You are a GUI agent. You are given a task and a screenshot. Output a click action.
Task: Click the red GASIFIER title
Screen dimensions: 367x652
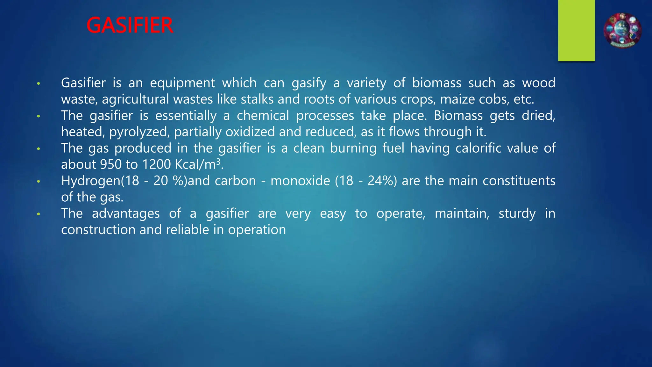click(130, 25)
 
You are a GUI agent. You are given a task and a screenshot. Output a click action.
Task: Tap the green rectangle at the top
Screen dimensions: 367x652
click(576, 30)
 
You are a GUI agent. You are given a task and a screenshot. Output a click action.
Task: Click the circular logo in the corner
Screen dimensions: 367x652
click(622, 31)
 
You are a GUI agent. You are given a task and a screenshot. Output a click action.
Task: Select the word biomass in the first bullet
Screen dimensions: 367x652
click(436, 83)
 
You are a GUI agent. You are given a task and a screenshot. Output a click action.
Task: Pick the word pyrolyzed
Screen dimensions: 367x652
click(139, 132)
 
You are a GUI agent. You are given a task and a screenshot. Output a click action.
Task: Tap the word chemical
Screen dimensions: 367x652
click(263, 115)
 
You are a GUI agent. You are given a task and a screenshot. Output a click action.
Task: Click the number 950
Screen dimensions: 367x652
click(110, 164)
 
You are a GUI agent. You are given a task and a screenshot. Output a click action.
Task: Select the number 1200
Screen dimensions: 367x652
click(156, 164)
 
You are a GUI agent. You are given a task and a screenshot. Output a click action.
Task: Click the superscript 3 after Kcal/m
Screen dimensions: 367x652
click(218, 162)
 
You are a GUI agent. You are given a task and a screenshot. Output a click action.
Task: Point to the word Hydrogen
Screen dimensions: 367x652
click(91, 181)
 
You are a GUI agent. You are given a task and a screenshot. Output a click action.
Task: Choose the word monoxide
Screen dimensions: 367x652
click(300, 181)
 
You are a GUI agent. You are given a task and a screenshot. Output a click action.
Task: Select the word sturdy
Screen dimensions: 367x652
click(517, 214)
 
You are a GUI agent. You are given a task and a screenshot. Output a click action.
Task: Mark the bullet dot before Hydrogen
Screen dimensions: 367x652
click(39, 181)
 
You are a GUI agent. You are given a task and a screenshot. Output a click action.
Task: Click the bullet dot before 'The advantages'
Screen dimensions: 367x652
click(39, 214)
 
